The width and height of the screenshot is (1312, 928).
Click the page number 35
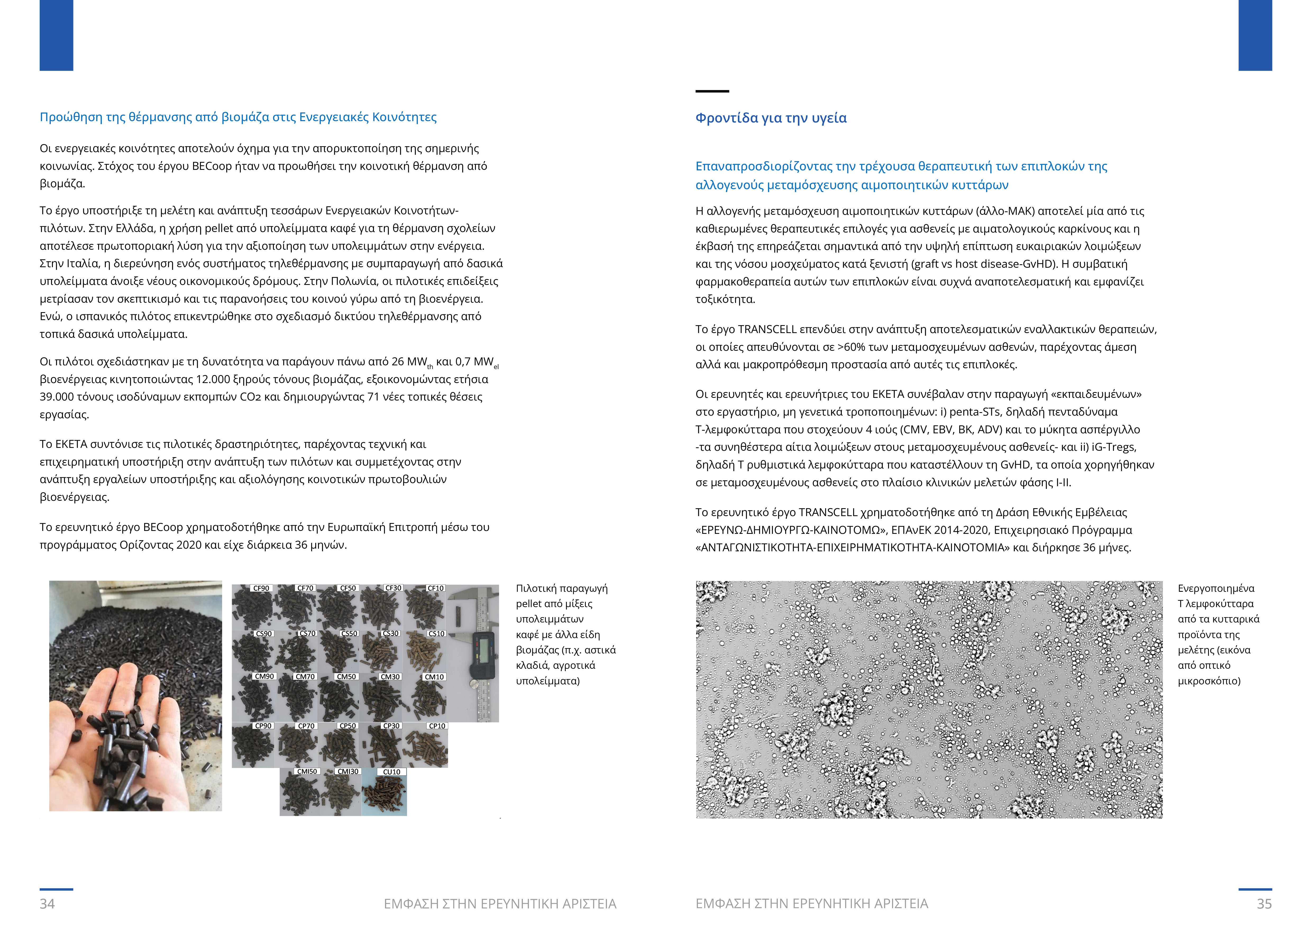click(1264, 903)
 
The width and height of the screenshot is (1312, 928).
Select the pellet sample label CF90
click(261, 588)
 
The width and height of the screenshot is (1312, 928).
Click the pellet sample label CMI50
click(307, 771)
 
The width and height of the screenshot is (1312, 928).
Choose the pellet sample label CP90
click(263, 726)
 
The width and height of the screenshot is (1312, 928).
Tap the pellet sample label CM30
click(390, 677)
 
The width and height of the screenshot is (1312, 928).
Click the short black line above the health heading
click(712, 91)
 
